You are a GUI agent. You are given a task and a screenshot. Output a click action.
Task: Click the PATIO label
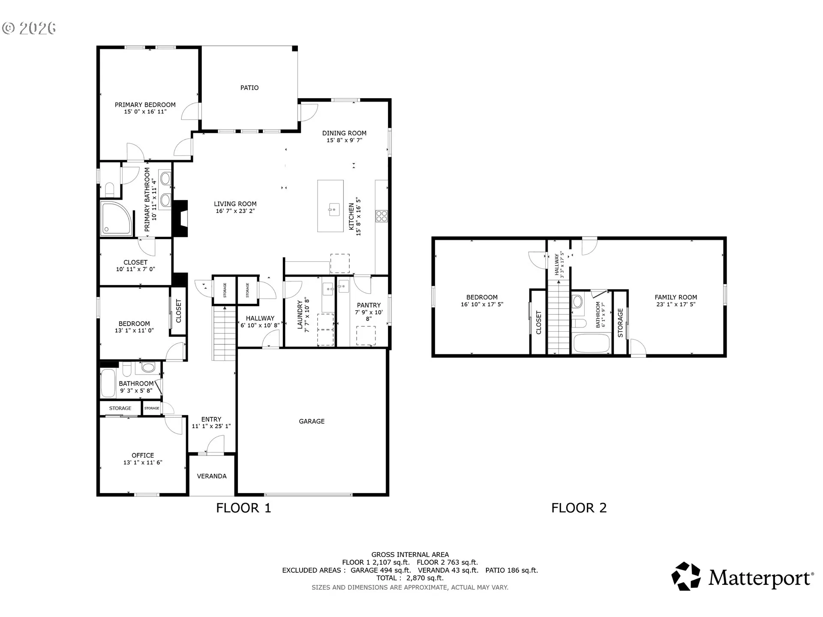(x=249, y=88)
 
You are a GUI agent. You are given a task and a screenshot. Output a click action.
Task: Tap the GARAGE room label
(x=312, y=421)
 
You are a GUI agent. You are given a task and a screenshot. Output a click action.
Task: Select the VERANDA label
(x=212, y=476)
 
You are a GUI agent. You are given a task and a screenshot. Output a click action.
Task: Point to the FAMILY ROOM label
(x=676, y=297)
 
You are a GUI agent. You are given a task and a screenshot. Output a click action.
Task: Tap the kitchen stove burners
(x=381, y=216)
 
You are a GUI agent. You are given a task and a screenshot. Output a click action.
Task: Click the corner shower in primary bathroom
(x=116, y=219)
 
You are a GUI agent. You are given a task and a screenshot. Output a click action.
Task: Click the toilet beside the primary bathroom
(x=109, y=189)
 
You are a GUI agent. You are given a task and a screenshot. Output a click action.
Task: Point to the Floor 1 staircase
(x=225, y=333)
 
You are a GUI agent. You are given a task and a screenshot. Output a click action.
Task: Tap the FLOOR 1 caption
(x=243, y=508)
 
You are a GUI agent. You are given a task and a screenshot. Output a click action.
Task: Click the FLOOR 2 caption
(x=579, y=508)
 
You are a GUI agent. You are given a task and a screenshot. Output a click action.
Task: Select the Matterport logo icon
(x=686, y=576)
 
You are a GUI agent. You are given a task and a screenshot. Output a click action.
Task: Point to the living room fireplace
(x=180, y=219)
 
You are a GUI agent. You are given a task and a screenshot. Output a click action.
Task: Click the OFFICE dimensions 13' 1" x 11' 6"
(x=143, y=463)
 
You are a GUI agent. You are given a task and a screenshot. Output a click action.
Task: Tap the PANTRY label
(x=369, y=306)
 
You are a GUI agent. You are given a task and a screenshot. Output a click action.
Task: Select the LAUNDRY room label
(x=300, y=314)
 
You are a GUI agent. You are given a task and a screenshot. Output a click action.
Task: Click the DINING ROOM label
(x=345, y=133)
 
